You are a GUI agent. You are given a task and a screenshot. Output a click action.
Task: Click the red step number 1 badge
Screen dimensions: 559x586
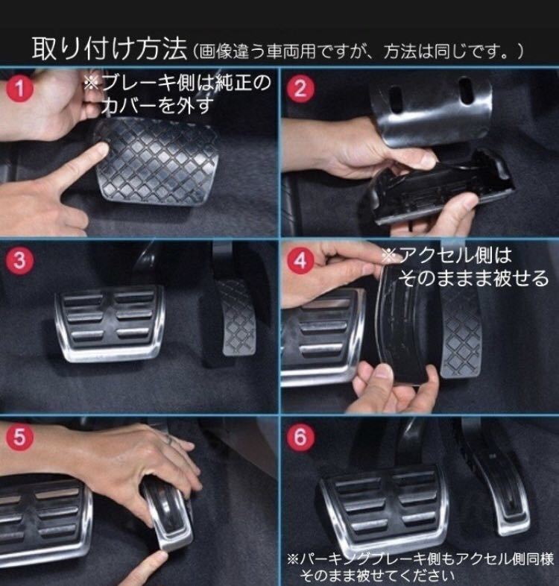(19, 89)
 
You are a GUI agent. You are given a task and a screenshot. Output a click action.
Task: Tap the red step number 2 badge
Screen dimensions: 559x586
(300, 89)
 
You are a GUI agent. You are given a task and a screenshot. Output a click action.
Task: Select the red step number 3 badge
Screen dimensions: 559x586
(19, 260)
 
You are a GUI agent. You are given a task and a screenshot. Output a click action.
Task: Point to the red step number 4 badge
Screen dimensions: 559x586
(300, 260)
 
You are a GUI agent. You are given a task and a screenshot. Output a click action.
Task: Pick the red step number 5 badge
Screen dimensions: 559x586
(19, 436)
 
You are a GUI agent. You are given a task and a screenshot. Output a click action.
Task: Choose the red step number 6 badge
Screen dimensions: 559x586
(300, 436)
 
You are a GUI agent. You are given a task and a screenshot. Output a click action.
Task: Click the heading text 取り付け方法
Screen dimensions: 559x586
(109, 48)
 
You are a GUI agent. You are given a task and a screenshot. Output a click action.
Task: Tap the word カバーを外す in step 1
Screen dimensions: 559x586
(157, 106)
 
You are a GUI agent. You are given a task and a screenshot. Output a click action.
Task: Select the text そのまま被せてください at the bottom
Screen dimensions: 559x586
(376, 575)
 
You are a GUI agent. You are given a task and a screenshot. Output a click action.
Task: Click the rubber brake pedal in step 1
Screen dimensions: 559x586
(157, 161)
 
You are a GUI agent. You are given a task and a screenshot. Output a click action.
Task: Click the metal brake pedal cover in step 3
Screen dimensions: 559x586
(110, 324)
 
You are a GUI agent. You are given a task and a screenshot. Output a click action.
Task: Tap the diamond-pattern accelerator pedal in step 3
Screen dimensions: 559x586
(236, 318)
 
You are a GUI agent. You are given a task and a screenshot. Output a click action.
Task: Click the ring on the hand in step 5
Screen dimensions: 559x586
(169, 440)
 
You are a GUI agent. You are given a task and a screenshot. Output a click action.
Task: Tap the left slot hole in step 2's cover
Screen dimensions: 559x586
(395, 98)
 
